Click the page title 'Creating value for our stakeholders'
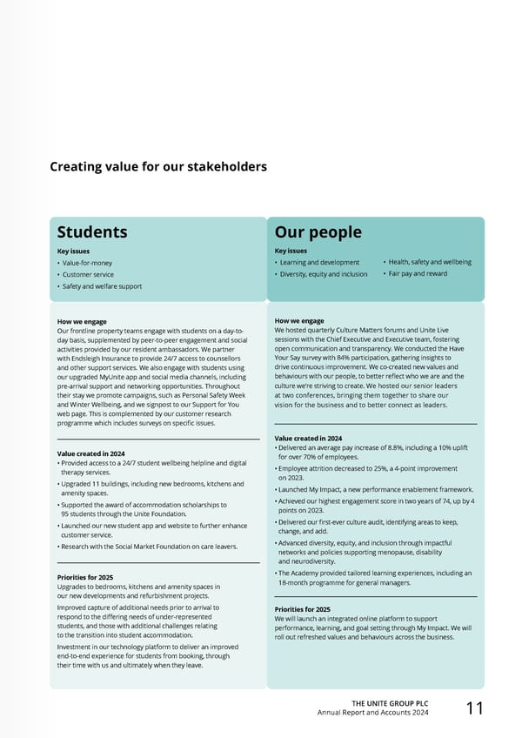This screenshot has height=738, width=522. [157, 166]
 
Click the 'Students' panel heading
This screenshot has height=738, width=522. [92, 231]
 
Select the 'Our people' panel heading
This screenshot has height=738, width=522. [318, 231]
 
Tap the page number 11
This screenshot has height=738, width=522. [474, 708]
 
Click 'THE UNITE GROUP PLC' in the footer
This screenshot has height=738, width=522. [389, 702]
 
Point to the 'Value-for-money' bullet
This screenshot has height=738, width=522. [86, 263]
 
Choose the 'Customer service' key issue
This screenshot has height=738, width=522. [87, 274]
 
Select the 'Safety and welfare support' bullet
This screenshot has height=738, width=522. [101, 286]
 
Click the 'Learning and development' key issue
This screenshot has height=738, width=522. [319, 262]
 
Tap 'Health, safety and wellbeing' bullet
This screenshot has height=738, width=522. [430, 262]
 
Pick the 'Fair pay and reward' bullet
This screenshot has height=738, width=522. [418, 274]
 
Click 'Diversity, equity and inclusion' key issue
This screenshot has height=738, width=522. [324, 274]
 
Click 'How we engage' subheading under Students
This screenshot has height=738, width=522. [82, 321]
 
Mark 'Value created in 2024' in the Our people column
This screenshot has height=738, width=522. [308, 438]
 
